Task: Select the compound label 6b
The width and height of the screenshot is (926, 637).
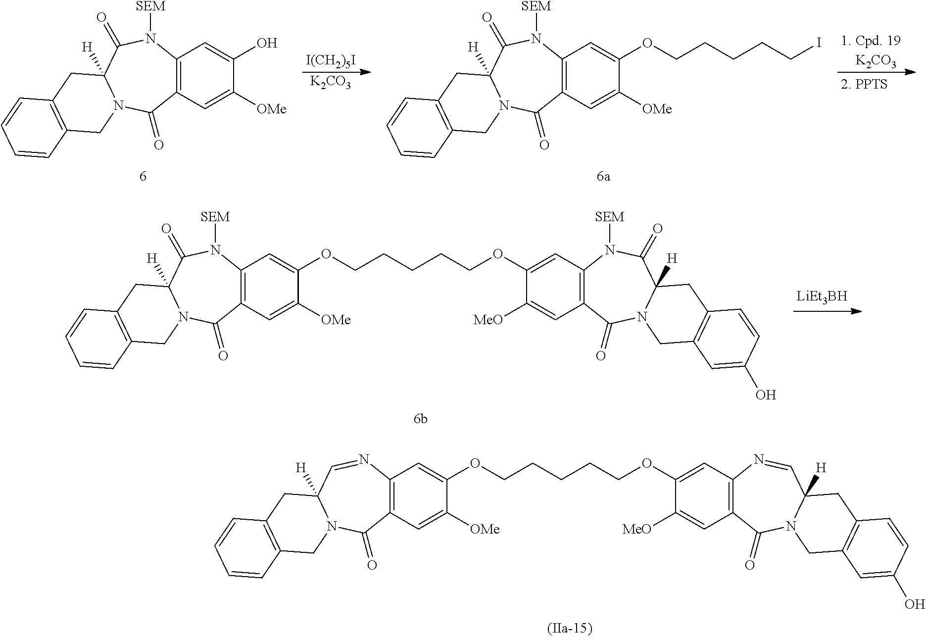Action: [x=420, y=419]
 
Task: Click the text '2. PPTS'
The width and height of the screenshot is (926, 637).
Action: [x=864, y=84]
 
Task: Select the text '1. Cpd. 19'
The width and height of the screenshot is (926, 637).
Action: [x=871, y=41]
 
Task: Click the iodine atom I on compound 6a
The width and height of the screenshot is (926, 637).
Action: [x=819, y=44]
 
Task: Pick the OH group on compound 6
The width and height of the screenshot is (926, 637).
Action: [x=266, y=44]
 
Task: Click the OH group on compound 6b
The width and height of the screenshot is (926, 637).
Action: [x=765, y=395]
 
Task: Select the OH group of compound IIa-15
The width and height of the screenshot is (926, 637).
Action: [x=914, y=604]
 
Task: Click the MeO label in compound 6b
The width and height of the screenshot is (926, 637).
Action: [x=488, y=320]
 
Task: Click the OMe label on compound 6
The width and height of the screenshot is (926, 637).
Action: [x=271, y=109]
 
